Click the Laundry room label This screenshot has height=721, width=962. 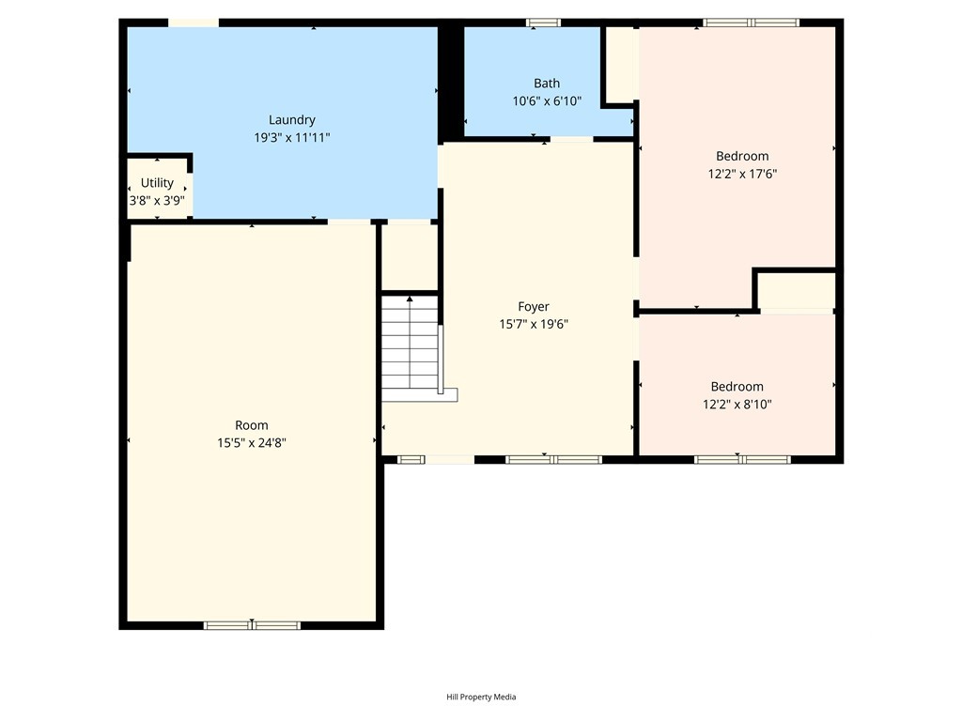292,120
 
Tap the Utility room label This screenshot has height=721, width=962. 157,183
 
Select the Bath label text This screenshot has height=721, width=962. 547,84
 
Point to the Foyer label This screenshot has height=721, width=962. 534,307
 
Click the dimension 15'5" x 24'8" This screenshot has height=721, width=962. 252,443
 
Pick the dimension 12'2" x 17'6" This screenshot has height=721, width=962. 742,174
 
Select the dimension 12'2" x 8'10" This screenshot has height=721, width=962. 737,404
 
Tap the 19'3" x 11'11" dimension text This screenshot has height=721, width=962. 292,137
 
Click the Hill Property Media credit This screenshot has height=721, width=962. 481,698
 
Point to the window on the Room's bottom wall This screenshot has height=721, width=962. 252,625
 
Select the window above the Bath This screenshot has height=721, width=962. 543,23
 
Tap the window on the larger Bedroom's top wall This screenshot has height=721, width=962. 751,23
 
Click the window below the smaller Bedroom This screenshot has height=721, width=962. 742,459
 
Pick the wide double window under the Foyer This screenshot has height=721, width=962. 553,459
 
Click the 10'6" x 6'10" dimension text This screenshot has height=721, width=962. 547,101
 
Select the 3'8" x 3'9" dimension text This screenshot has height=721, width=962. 157,201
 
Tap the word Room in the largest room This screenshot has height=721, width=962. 252,425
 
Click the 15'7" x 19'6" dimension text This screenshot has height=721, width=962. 534,324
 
